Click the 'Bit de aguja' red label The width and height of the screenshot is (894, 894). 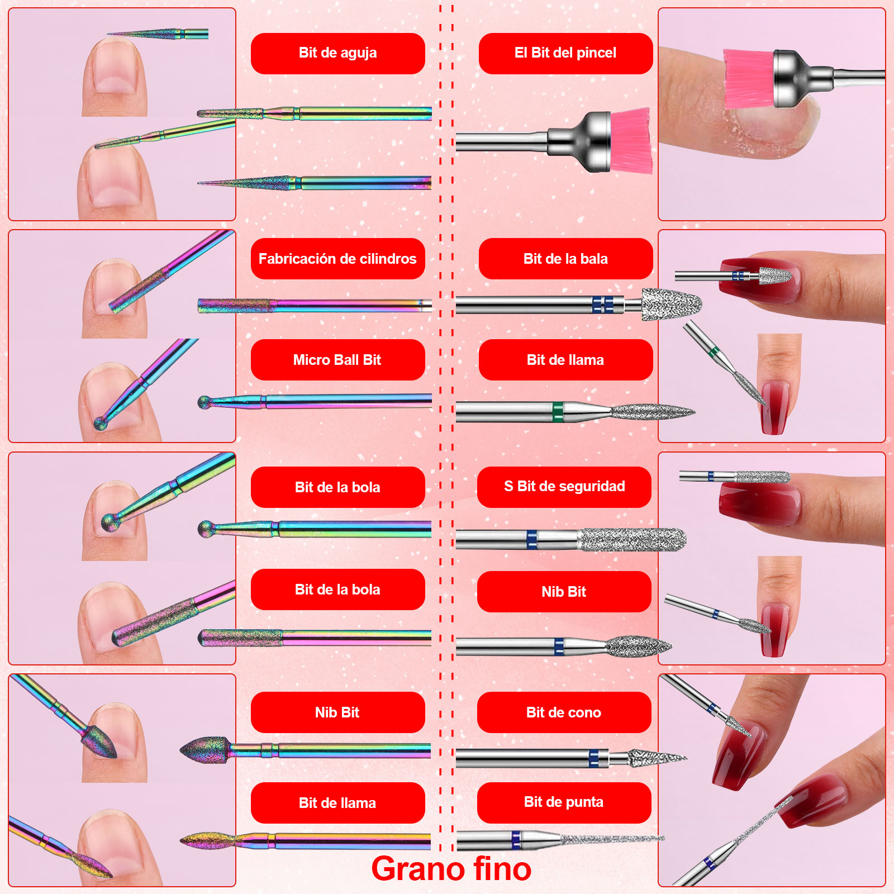point(337,53)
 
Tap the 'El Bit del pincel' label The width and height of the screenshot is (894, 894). point(565,53)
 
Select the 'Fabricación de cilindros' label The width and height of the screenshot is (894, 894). point(337,259)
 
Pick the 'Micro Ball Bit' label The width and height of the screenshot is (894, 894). point(337,360)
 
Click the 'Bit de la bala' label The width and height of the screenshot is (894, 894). point(565,259)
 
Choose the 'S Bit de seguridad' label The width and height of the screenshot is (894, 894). point(564,487)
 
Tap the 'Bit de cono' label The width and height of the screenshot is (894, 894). point(564,712)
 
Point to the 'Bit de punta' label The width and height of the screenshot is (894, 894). point(564,802)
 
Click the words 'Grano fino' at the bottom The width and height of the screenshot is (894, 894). point(451,869)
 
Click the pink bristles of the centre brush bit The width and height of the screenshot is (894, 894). point(631,141)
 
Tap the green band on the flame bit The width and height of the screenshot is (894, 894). point(558,412)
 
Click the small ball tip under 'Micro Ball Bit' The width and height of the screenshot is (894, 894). point(205,402)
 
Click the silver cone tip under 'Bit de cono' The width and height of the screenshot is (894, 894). point(657,758)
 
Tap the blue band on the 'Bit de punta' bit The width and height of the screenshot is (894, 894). point(516,840)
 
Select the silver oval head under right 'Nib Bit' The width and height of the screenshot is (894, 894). point(639,646)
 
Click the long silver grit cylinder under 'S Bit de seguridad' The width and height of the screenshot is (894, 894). point(633,540)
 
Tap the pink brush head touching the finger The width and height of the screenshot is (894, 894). point(749,79)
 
